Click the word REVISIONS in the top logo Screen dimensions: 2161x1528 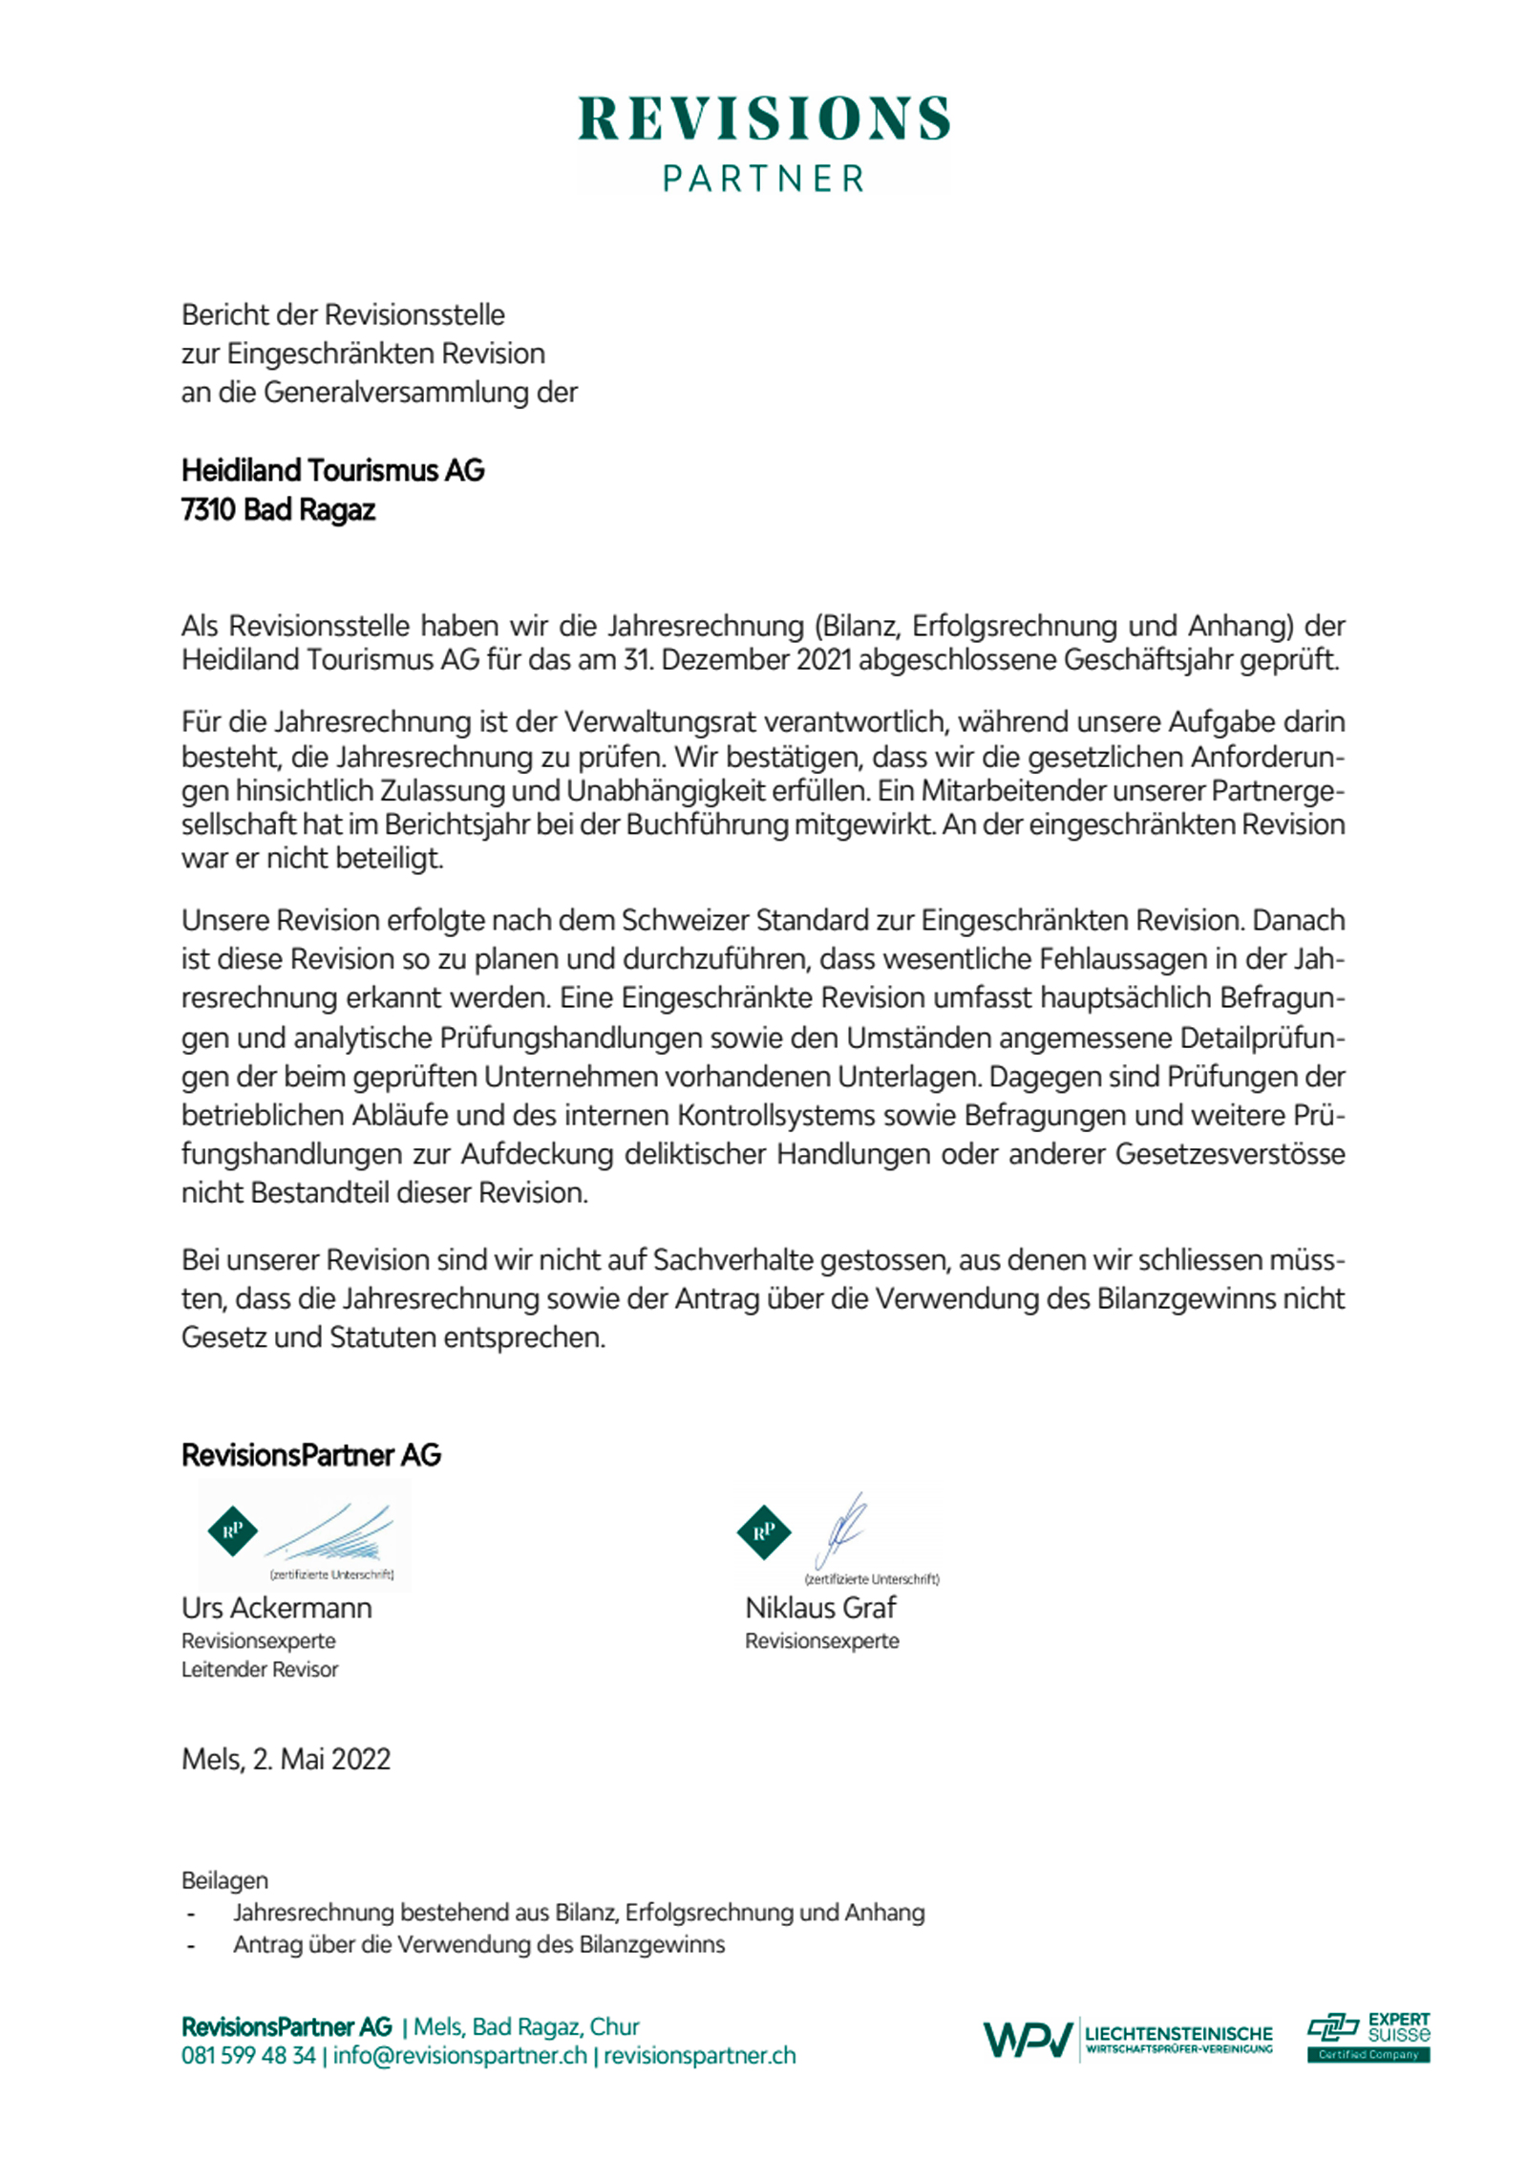[763, 118]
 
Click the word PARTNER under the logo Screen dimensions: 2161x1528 [763, 179]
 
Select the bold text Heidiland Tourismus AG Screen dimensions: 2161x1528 [332, 470]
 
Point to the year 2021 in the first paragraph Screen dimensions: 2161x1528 [823, 660]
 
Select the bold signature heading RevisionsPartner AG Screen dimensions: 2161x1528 [310, 1455]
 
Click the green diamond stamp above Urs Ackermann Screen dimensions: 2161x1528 [232, 1530]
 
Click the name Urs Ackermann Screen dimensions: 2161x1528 [276, 1608]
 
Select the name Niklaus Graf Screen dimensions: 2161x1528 [819, 1608]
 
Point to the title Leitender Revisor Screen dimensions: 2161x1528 [260, 1670]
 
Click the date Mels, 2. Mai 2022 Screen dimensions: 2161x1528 [286, 1760]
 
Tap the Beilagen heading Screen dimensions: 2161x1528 [224, 1881]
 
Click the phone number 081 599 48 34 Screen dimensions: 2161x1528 [248, 2057]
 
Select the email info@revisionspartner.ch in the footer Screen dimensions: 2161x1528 [459, 2057]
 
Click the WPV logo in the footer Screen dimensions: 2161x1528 [1028, 2041]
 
